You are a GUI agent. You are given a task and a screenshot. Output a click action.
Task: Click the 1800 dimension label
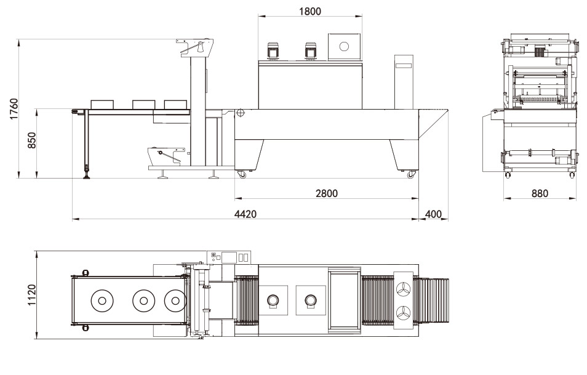point(309,10)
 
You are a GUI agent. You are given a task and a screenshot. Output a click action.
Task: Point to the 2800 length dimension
point(326,193)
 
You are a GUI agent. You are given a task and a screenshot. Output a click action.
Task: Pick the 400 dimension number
point(433,214)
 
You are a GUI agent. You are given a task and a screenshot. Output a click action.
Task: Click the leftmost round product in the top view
point(102,301)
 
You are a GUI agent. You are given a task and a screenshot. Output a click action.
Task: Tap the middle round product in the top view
point(143,301)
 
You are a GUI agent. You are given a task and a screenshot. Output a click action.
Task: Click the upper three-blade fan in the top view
point(404,289)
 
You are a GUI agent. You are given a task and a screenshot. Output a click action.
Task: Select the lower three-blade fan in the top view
point(404,313)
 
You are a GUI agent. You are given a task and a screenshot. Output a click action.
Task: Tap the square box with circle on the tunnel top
point(343,46)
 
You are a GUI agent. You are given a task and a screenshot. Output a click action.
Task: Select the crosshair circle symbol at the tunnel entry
point(240,113)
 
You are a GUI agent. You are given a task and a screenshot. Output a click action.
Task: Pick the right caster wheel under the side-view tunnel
point(410,175)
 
